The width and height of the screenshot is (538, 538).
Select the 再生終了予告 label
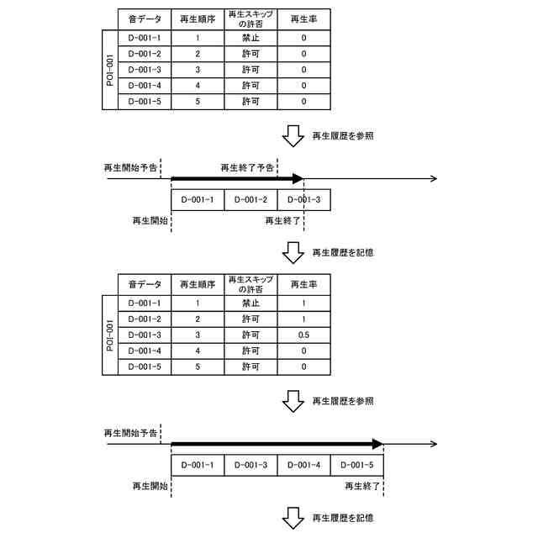[x=247, y=167]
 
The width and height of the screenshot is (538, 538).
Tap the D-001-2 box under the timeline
[x=251, y=200]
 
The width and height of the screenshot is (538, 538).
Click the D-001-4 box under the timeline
[x=303, y=465]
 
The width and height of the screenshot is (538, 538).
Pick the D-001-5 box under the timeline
[x=357, y=465]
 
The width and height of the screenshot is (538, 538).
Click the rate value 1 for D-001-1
[x=303, y=303]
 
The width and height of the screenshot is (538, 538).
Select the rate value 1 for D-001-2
[x=303, y=319]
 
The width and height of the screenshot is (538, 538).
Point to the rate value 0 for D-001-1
[x=303, y=38]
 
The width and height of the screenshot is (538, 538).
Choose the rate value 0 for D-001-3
[x=303, y=70]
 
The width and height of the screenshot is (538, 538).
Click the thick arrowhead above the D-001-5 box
[x=377, y=444]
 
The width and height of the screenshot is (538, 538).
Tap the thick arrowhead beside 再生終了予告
[x=297, y=179]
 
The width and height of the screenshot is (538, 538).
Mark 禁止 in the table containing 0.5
[x=251, y=303]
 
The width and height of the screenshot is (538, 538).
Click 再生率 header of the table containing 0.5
[x=303, y=283]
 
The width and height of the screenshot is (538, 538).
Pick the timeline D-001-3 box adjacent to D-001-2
[x=303, y=200]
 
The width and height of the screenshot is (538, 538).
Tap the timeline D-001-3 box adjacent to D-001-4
[x=251, y=465]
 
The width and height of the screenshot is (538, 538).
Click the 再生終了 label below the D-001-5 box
[x=362, y=486]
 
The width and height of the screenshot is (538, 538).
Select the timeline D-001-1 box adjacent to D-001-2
[x=198, y=200]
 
